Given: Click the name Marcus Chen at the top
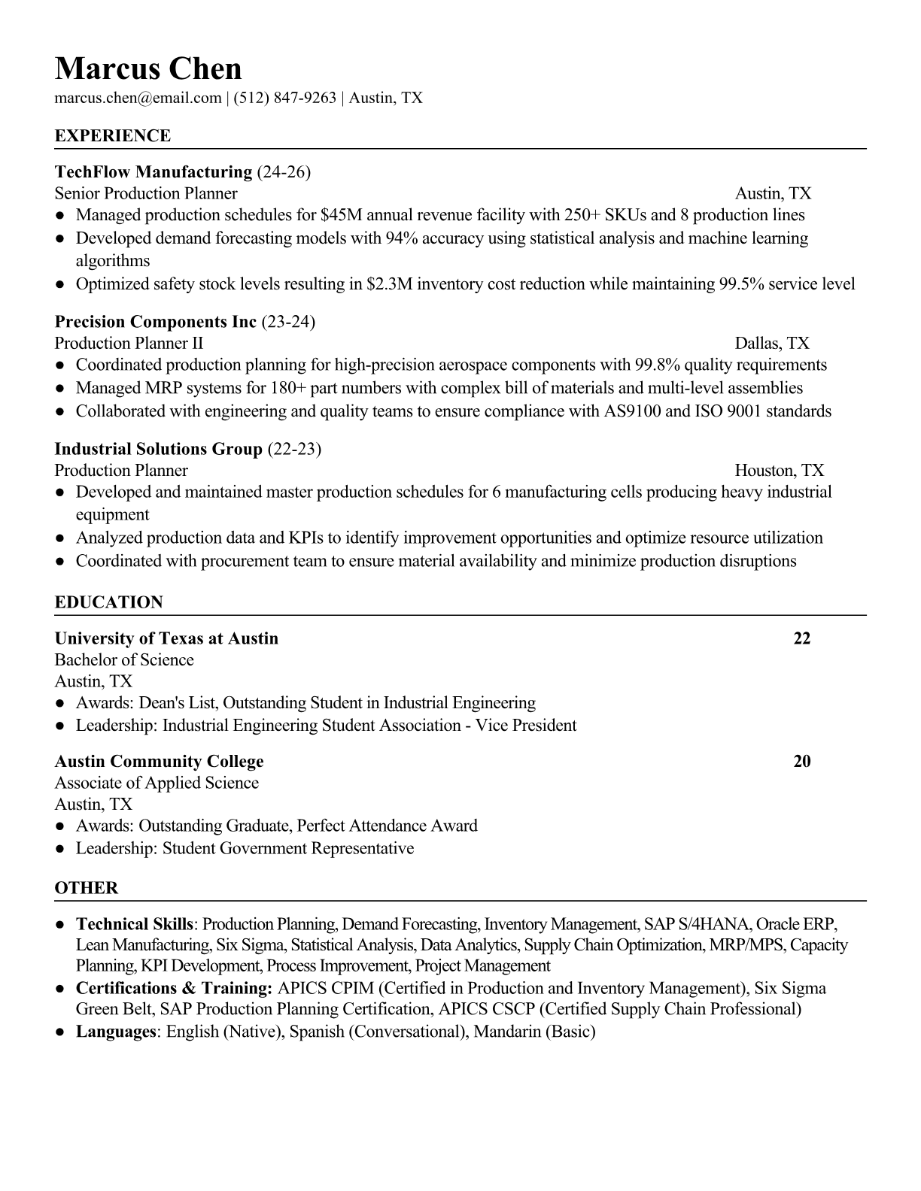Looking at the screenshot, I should (x=148, y=69).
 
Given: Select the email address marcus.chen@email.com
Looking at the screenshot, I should (x=138, y=98).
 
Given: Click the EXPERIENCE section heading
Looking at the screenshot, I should (x=113, y=136).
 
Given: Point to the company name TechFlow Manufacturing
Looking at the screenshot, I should (x=153, y=172).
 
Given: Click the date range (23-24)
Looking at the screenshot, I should (x=288, y=323).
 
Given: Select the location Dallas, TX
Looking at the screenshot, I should (x=772, y=344).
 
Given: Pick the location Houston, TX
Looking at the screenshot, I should (x=780, y=471).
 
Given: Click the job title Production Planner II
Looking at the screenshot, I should (x=129, y=344).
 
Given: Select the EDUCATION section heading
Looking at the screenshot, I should (x=109, y=603).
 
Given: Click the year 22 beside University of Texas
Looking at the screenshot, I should (x=802, y=639).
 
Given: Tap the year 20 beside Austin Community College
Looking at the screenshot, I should (x=802, y=762).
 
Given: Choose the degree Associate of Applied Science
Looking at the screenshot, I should (x=157, y=783).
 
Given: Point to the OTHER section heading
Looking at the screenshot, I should (x=87, y=889).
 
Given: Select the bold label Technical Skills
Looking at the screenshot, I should (x=135, y=924).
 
